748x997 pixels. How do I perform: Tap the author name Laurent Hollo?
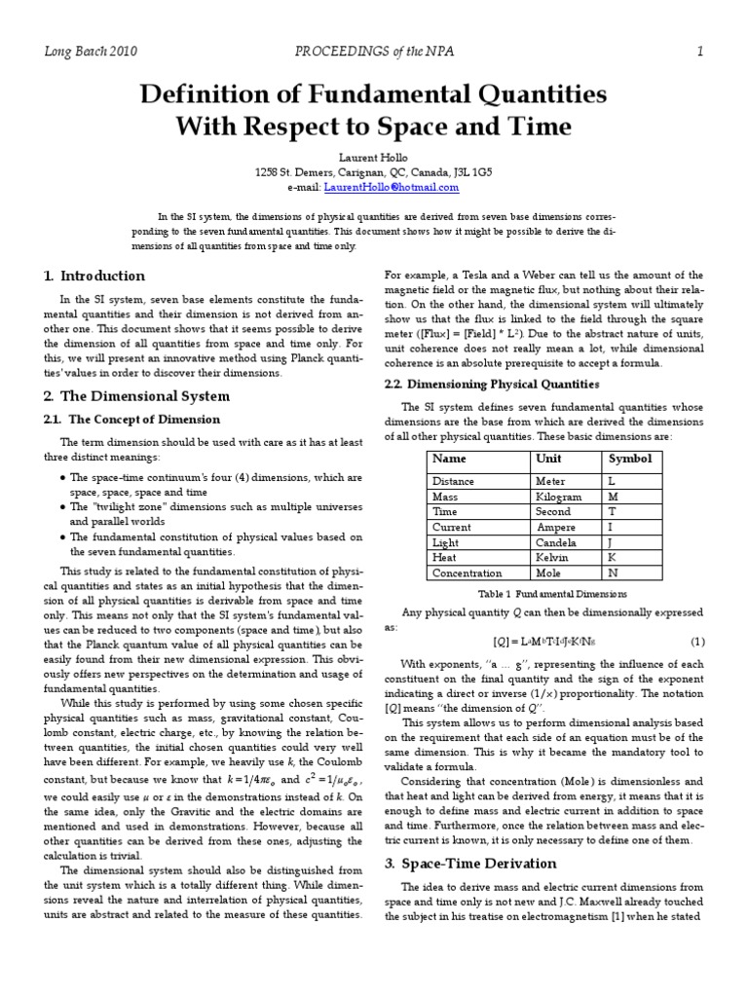pyautogui.click(x=373, y=156)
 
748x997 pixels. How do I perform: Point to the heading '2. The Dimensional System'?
pyautogui.click(x=136, y=395)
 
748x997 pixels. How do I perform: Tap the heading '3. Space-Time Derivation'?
pyautogui.click(x=470, y=864)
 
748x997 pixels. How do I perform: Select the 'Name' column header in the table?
pyautogui.click(x=449, y=459)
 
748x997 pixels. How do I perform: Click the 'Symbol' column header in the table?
pyautogui.click(x=630, y=459)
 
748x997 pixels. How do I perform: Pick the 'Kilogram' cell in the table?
pyautogui.click(x=559, y=497)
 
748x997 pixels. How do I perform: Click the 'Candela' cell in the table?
pyautogui.click(x=556, y=542)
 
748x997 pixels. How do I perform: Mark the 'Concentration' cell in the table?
pyautogui.click(x=467, y=573)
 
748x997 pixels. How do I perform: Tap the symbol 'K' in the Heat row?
pyautogui.click(x=613, y=558)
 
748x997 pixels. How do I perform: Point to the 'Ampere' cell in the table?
pyautogui.click(x=557, y=527)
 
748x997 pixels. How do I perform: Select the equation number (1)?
pyautogui.click(x=697, y=642)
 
